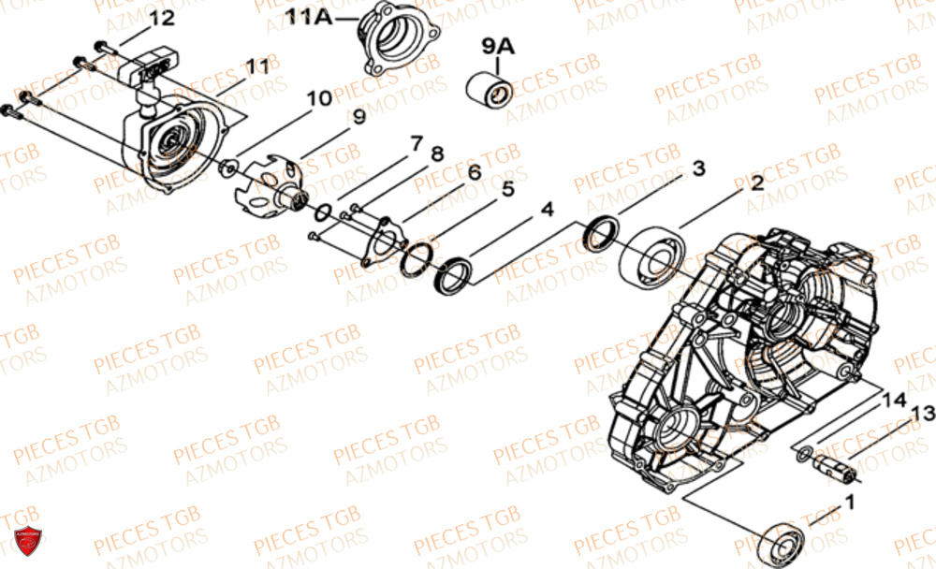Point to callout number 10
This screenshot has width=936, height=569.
tap(318, 97)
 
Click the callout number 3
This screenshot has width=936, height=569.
tap(698, 168)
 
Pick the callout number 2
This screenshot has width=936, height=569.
tap(756, 185)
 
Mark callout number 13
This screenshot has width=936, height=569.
tap(922, 414)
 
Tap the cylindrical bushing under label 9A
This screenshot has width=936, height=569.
tap(490, 92)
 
